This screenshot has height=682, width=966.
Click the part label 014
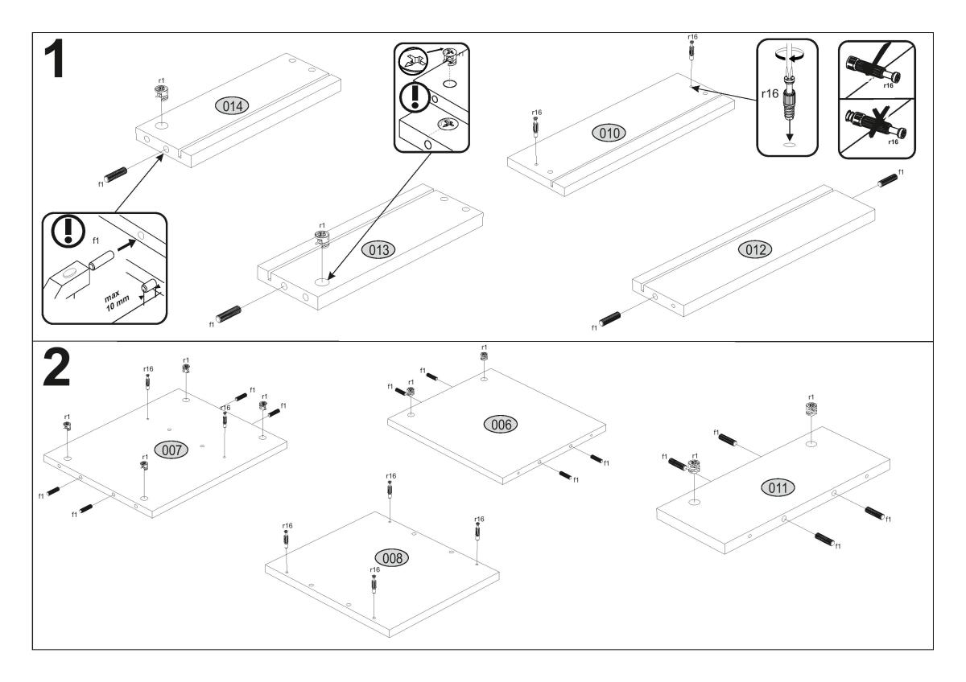coord(231,105)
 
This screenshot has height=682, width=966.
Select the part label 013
coord(378,249)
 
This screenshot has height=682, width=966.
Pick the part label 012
coord(755,250)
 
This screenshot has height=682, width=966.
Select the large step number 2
coord(56,368)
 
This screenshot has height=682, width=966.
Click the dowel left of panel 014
coord(117,176)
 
